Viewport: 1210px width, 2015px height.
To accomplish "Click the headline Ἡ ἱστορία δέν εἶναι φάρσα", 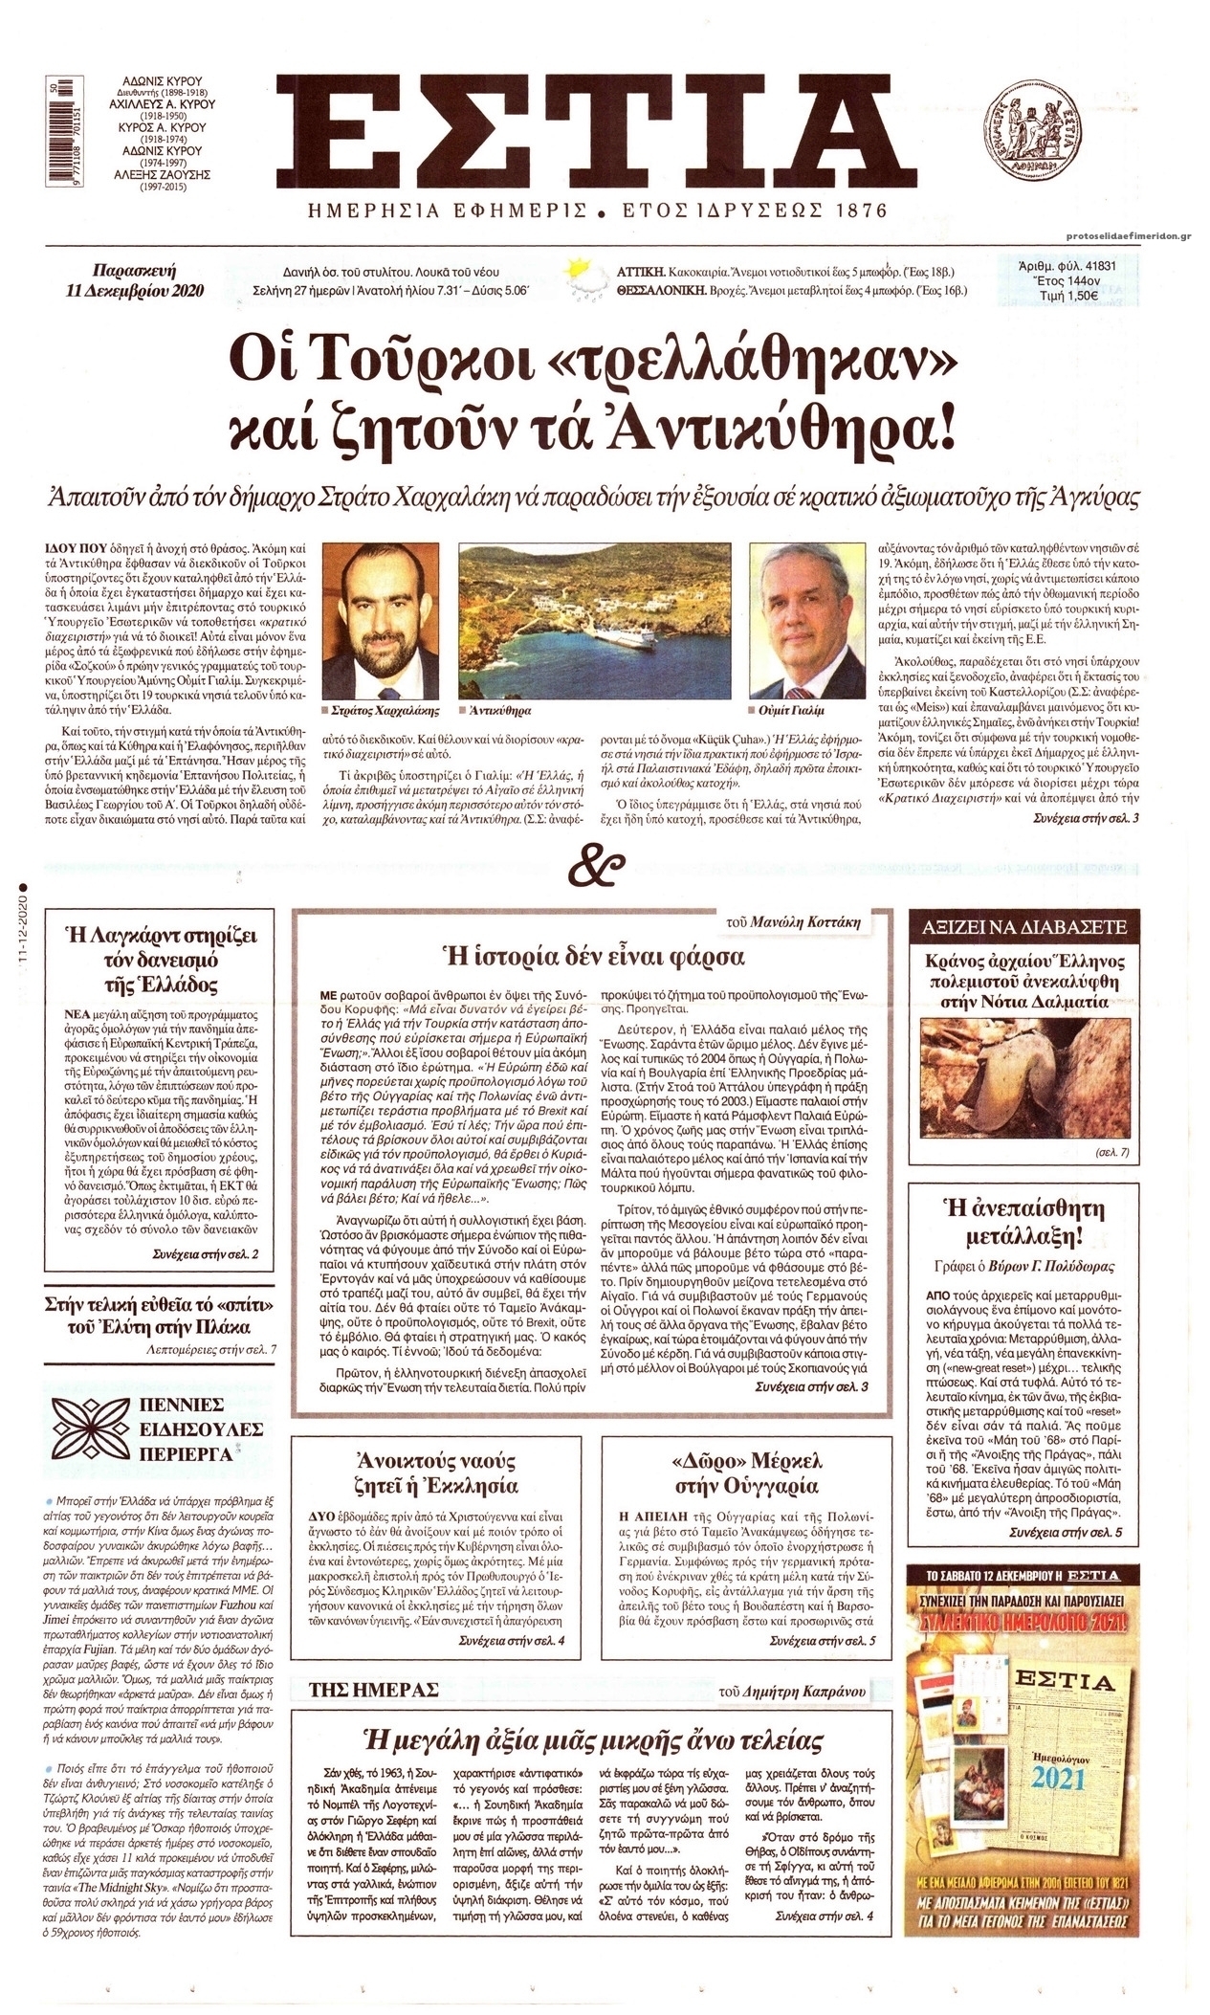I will coord(590,956).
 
